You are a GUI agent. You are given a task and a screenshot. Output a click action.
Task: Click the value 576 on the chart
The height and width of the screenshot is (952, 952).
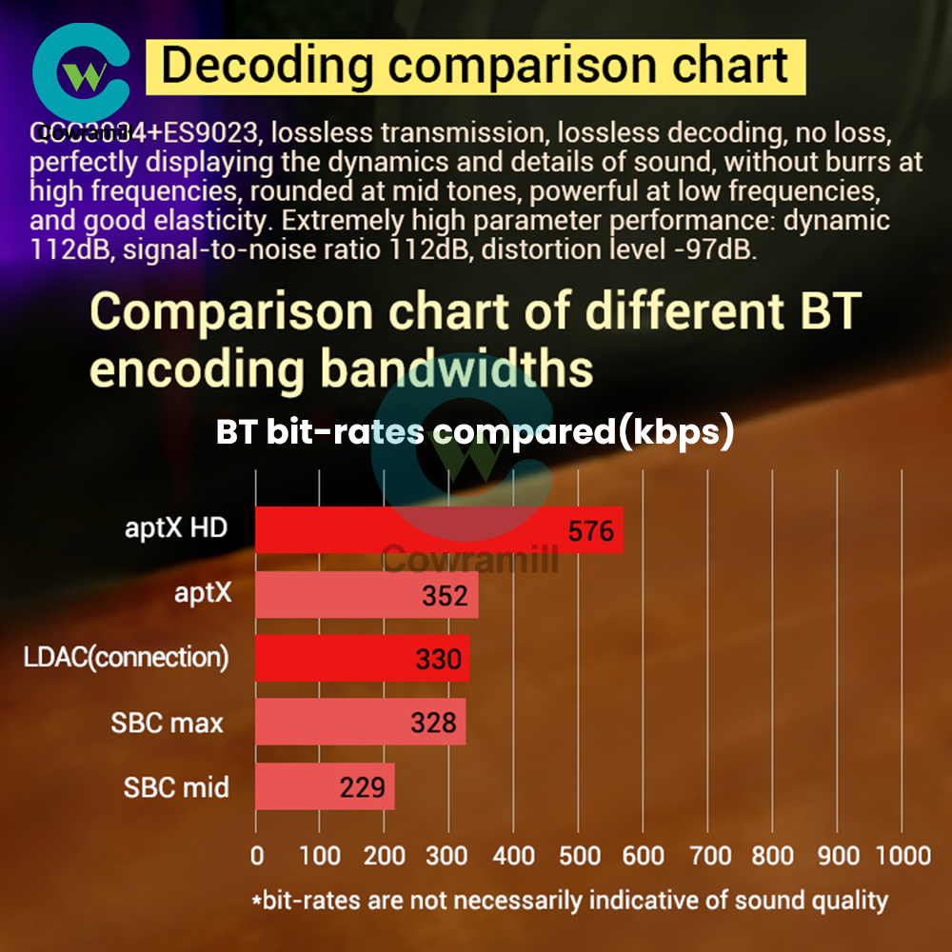(x=590, y=531)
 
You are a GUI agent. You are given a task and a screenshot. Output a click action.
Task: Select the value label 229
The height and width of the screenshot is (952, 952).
(x=362, y=788)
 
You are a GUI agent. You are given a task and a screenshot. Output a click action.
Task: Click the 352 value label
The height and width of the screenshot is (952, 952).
(x=445, y=596)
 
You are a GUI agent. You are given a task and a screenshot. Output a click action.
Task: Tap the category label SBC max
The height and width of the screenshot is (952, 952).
(x=167, y=723)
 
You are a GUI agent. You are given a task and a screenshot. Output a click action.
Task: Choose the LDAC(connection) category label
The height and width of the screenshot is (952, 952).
(x=126, y=658)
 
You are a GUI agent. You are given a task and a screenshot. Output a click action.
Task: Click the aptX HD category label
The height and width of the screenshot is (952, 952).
(x=176, y=527)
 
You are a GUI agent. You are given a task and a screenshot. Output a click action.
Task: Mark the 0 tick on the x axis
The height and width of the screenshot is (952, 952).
(x=257, y=855)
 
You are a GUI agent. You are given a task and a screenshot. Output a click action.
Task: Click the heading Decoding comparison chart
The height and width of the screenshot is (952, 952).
(x=474, y=67)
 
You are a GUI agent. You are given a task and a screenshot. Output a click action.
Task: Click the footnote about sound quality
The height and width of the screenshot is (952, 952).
(x=569, y=900)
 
